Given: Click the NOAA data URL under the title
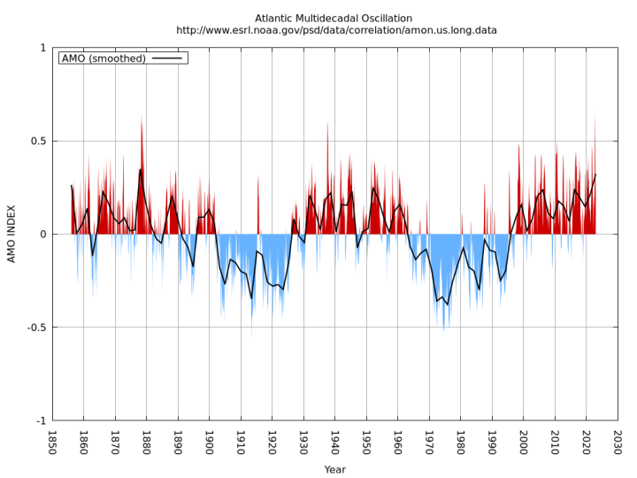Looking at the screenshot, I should [x=336, y=30].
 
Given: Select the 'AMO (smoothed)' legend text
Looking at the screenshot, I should [x=104, y=58].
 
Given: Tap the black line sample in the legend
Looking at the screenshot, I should [x=166, y=58].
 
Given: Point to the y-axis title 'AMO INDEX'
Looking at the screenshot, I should [x=12, y=234].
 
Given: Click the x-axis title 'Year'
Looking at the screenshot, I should [x=335, y=469].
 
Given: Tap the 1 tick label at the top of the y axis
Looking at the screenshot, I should [x=42, y=48].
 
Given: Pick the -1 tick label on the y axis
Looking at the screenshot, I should [x=38, y=420].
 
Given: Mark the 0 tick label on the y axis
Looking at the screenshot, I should [x=42, y=235].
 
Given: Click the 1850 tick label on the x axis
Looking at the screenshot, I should [x=52, y=442].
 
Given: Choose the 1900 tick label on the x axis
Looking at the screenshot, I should [x=210, y=442].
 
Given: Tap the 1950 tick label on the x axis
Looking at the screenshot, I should [x=366, y=442].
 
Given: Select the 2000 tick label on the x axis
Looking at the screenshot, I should [x=524, y=442].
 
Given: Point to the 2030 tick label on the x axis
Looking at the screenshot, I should [x=618, y=442].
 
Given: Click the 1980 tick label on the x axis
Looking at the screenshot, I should [x=461, y=442].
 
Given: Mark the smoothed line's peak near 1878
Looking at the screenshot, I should [x=140, y=169].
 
